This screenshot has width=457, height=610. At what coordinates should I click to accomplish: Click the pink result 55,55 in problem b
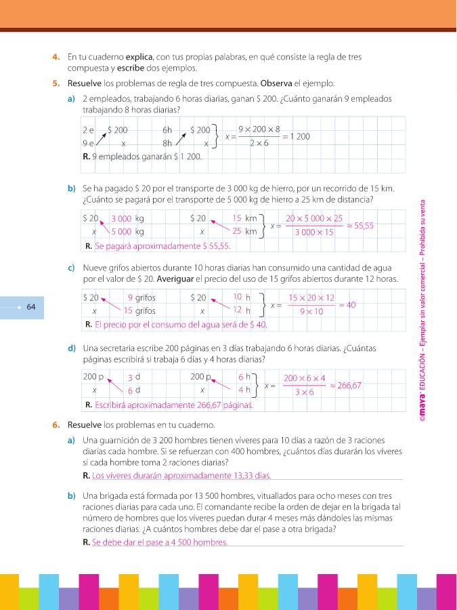click(x=364, y=225)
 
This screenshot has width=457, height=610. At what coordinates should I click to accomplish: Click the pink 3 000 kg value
click(x=122, y=219)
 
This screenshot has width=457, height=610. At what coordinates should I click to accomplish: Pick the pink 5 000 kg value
click(x=123, y=232)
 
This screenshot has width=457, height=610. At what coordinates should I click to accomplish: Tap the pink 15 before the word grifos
click(x=128, y=311)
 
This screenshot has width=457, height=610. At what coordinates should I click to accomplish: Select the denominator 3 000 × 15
click(x=313, y=232)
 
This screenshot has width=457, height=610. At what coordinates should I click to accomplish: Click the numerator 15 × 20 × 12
click(x=311, y=298)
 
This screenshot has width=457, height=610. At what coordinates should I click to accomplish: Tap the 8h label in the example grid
click(x=168, y=144)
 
